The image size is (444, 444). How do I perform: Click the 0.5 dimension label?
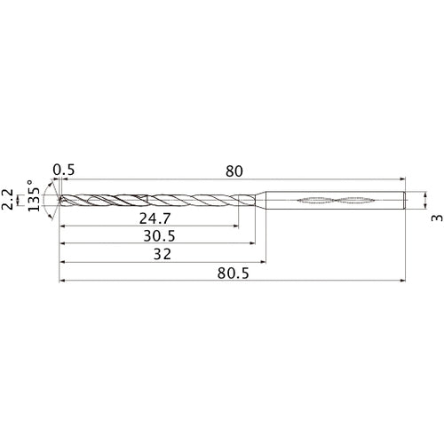[63, 169]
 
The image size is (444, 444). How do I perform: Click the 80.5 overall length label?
[233, 275]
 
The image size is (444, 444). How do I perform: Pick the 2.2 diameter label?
[8, 200]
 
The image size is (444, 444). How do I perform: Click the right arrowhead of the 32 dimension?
[263, 262]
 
